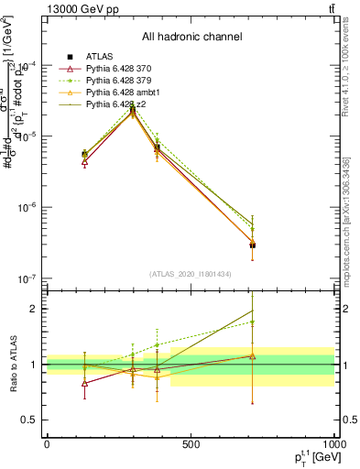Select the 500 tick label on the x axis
[191, 444]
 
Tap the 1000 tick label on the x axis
[333, 444]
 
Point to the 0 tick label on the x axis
[47, 444]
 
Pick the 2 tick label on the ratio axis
[35, 309]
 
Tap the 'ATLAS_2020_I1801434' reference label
[191, 275]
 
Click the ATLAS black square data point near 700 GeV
[252, 245]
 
